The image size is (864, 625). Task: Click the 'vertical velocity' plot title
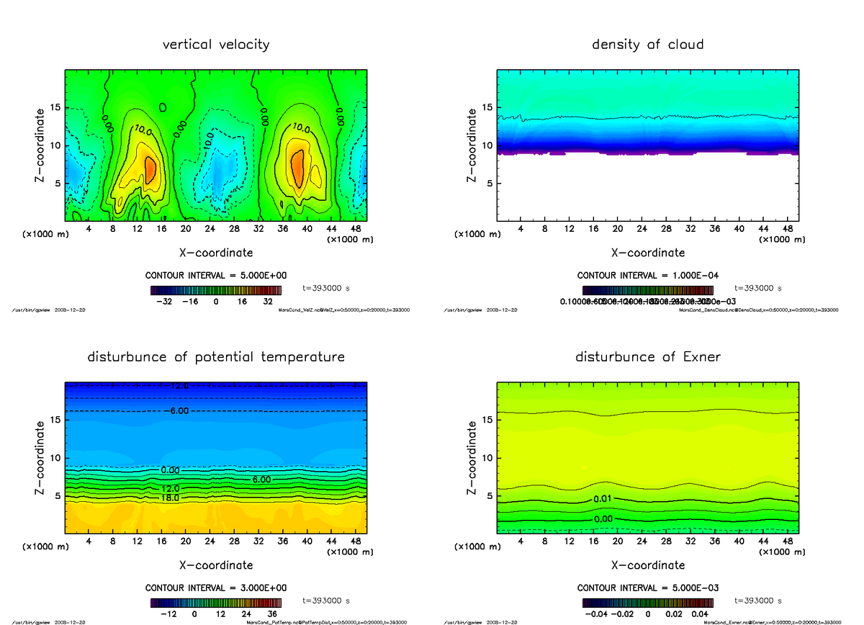tap(216, 45)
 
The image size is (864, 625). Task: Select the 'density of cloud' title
tap(647, 45)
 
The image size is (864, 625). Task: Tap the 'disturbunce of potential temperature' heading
tap(216, 357)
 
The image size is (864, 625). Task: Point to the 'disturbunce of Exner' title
tap(647, 357)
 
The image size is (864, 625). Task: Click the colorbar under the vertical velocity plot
tap(216, 290)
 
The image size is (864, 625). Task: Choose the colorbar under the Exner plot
tap(647, 603)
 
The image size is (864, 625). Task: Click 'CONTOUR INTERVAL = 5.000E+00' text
tap(216, 276)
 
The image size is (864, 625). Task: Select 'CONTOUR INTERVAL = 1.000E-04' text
tap(647, 276)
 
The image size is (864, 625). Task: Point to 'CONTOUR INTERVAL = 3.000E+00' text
tap(216, 588)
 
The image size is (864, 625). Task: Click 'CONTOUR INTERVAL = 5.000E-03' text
tap(647, 588)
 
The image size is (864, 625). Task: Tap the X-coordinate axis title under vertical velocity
tap(216, 253)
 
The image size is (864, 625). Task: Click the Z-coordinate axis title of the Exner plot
tap(472, 457)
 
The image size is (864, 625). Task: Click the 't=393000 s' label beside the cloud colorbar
tap(758, 288)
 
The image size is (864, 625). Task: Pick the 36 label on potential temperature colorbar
tap(272, 615)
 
